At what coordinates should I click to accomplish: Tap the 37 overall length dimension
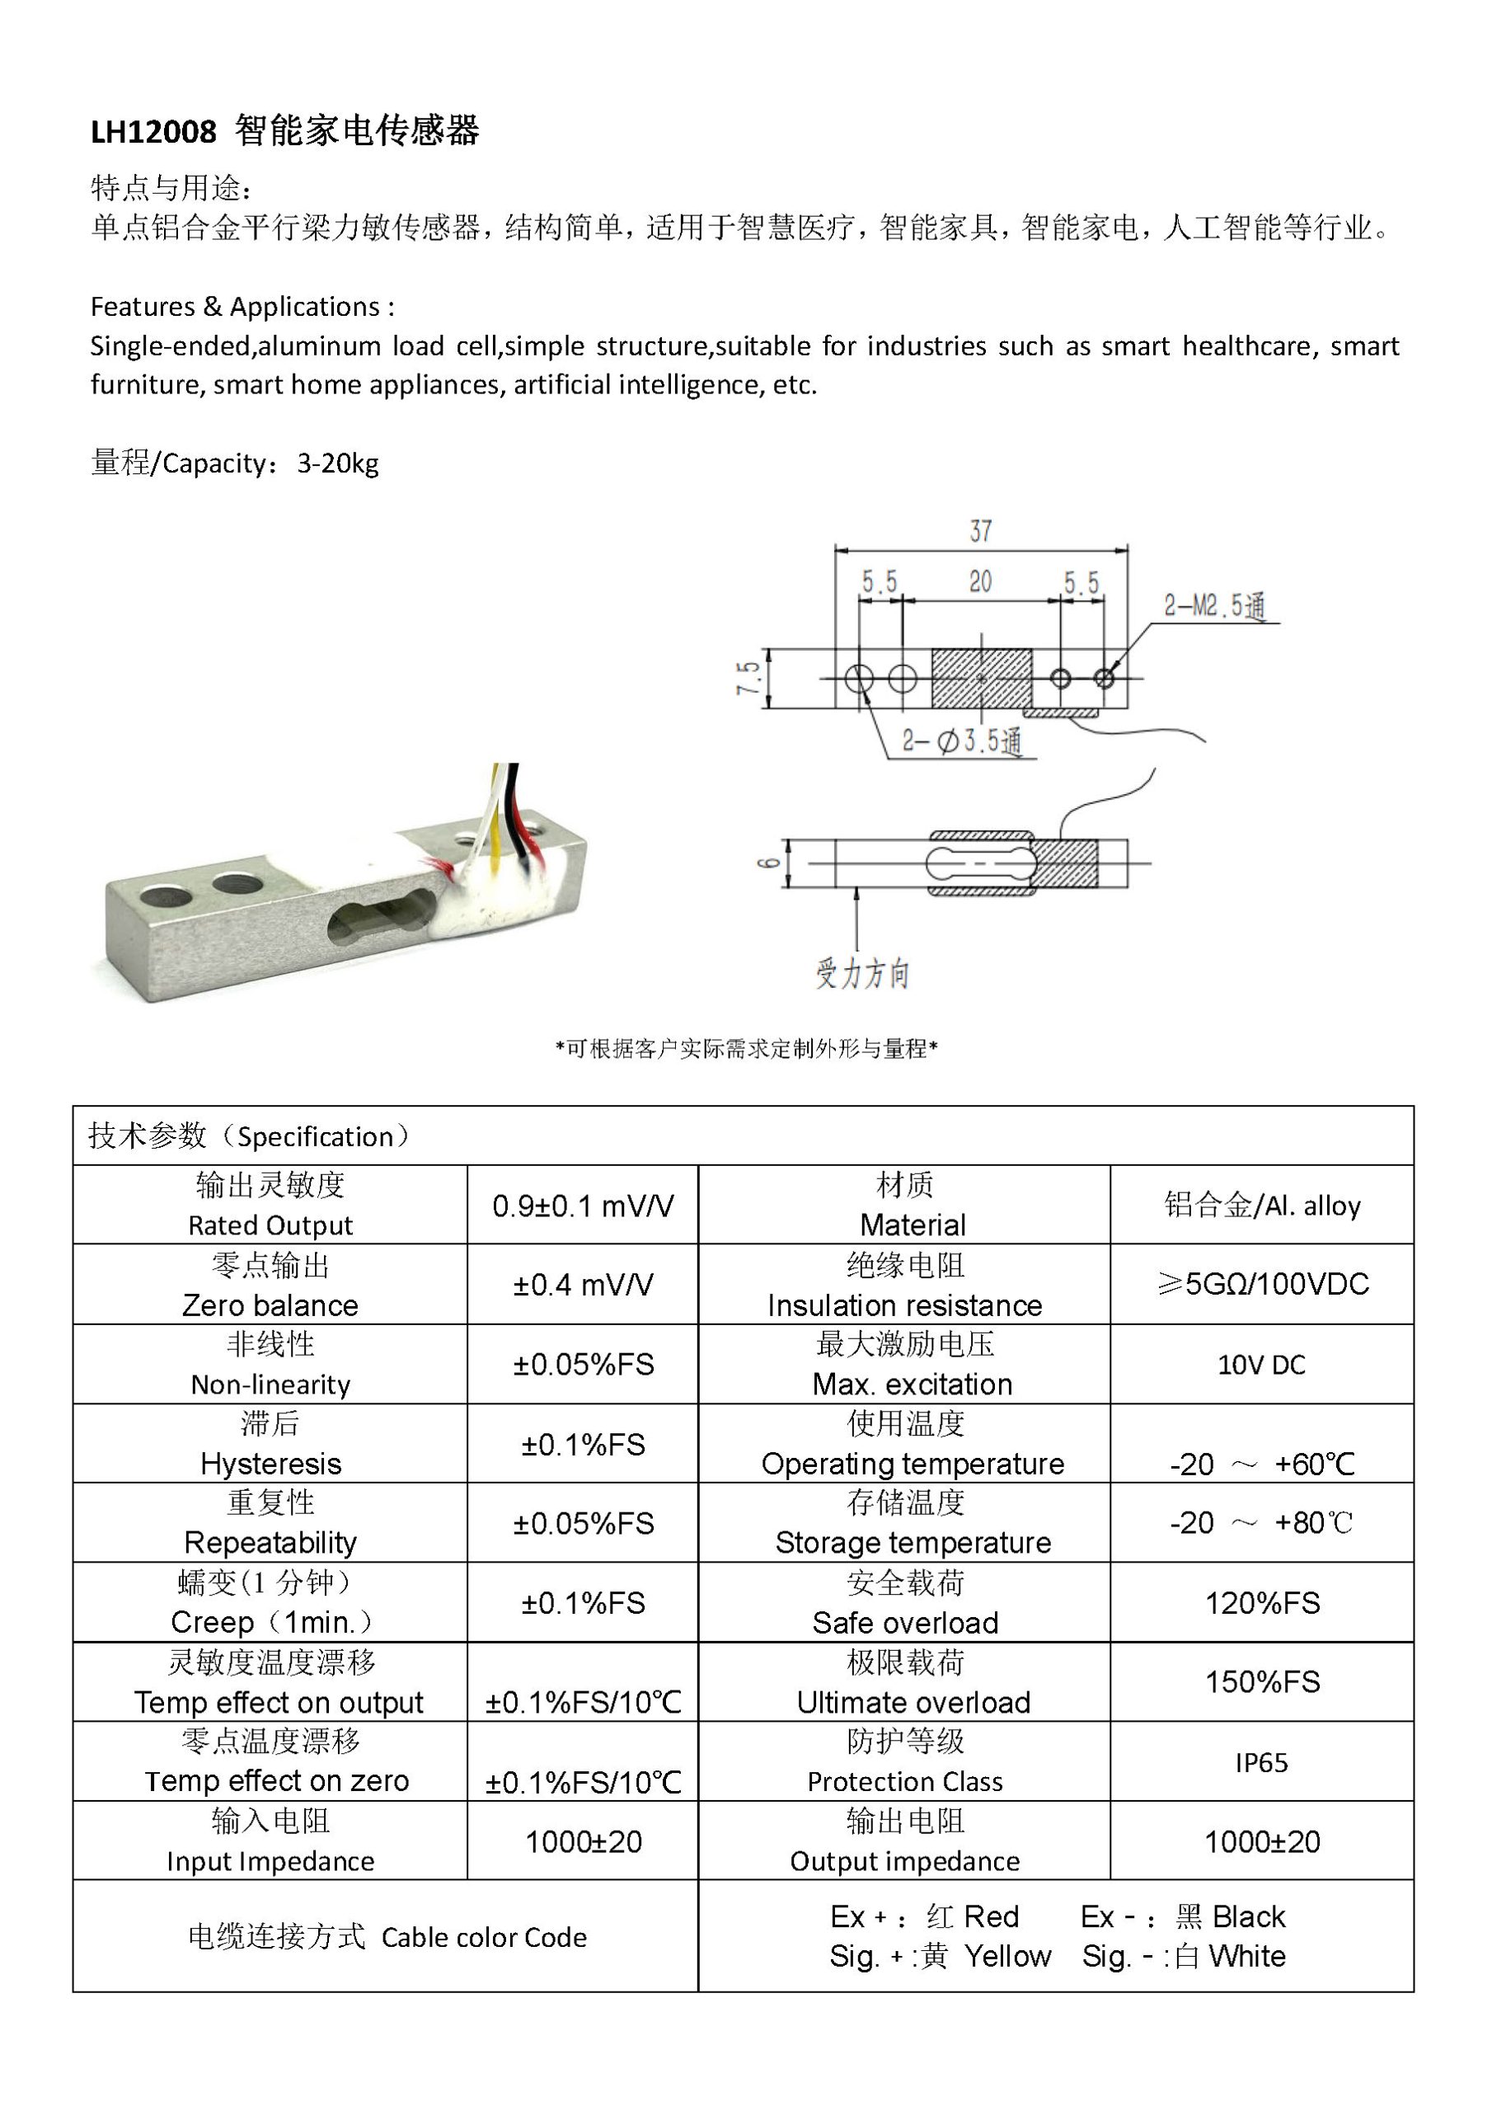coord(980,531)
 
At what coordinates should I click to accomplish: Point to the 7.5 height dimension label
coord(749,679)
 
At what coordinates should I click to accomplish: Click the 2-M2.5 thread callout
coord(1213,606)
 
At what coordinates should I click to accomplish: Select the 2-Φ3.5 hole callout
coord(960,741)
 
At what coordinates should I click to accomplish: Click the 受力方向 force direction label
coord(861,973)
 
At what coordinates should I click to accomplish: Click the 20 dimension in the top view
coord(980,582)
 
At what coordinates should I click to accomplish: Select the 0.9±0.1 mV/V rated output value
coord(583,1206)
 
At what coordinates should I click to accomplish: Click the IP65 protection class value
coord(1261,1762)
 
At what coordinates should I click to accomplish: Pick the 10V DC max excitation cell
coord(1261,1366)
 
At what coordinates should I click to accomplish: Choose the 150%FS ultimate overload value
coord(1261,1682)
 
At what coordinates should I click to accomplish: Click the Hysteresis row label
coord(270,1464)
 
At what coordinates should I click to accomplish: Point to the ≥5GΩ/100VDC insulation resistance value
coord(1261,1285)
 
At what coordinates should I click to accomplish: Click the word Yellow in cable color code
coord(1007,1957)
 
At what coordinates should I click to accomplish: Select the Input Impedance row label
coord(270,1862)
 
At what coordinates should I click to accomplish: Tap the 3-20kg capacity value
coord(337,463)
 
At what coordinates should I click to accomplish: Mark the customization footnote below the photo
coord(745,1049)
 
